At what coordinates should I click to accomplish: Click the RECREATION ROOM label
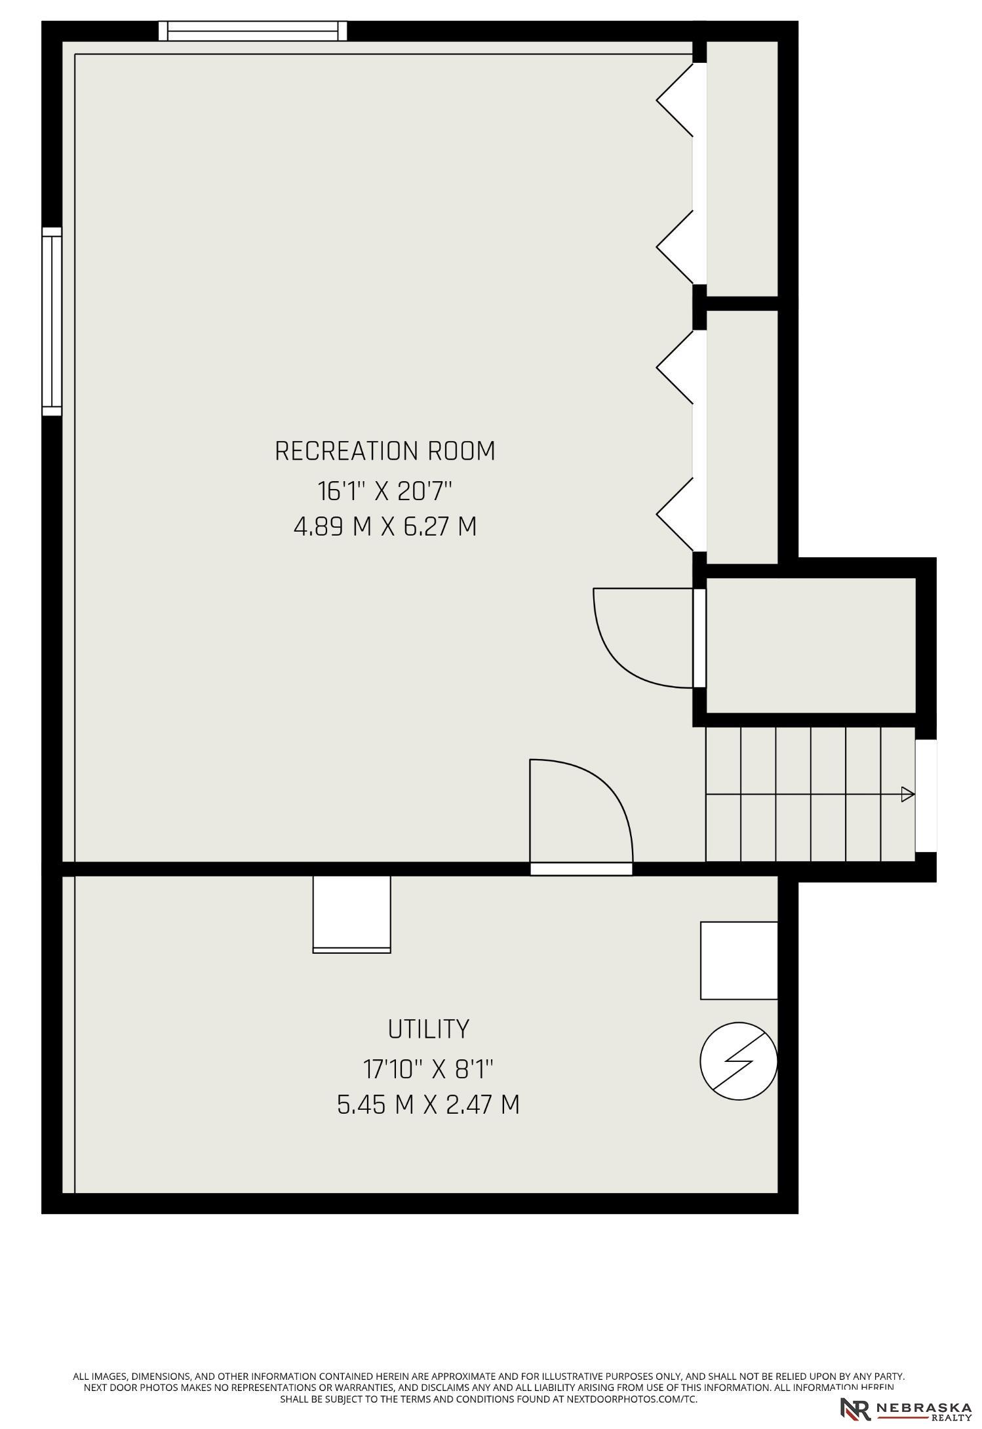[385, 451]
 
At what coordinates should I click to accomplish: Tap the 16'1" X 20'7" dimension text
[385, 490]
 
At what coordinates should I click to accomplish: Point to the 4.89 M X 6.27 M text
[385, 526]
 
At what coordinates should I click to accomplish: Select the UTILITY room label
[429, 1029]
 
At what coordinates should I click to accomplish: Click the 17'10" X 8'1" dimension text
[428, 1069]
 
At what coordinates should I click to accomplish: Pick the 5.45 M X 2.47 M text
[428, 1105]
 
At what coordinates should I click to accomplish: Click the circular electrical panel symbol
[739, 1061]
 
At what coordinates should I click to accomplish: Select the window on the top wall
[253, 31]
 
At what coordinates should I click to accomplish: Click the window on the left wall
[52, 321]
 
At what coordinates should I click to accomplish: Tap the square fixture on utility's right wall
[739, 960]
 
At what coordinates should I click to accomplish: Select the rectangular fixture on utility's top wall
[352, 914]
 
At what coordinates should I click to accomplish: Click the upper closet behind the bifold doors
[742, 169]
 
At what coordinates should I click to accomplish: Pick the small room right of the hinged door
[810, 645]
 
